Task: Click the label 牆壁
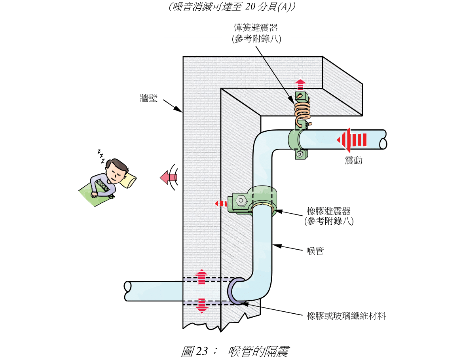pos(149,98)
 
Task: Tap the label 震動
pos(353,160)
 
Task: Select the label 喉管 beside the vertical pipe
pos(315,251)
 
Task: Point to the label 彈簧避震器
pos(255,28)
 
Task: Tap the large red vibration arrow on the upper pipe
pos(351,140)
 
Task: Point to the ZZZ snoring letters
pos(101,156)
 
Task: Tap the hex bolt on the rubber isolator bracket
pos(240,201)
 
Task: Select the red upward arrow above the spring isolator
pos(301,84)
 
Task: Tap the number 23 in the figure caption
pos(201,351)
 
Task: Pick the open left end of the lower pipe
pos(128,291)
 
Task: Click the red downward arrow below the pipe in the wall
pos(202,305)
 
